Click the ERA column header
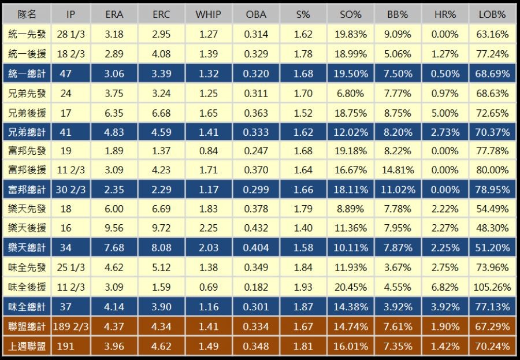114,14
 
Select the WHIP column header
208,14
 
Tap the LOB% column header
493,14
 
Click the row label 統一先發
27,34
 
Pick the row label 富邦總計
27,190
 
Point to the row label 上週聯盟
27,346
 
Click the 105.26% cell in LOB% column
493,287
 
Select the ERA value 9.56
114,228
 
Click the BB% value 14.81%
398,170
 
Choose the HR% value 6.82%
445,287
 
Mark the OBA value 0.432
256,228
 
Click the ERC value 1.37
161,151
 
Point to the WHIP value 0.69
208,287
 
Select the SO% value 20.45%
350,287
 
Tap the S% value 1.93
303,287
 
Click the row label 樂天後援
27,228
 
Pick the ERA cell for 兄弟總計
114,131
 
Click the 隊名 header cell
27,14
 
